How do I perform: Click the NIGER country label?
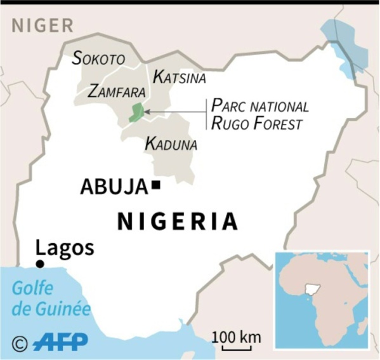43,25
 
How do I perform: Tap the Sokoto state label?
98,59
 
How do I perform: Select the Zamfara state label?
117,91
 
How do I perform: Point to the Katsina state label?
180,77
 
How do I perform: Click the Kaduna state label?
171,144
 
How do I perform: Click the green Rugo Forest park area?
136,113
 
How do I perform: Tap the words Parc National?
259,105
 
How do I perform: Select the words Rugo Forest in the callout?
256,123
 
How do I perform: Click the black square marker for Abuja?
155,185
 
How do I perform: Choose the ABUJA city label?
114,187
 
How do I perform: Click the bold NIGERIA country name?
178,222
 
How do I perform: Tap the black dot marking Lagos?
40,264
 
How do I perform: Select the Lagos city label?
65,248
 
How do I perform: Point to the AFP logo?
60,343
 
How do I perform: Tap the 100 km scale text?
236,337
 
